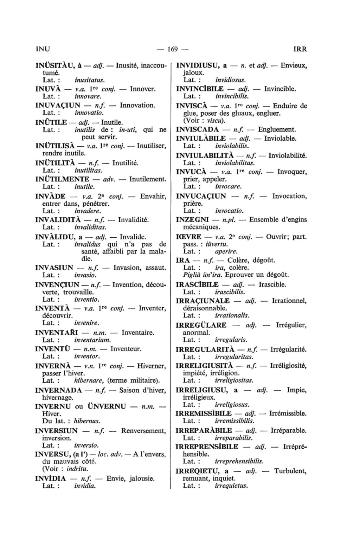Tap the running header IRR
tap(300, 49)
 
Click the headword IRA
tap(182, 261)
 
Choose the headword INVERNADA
tap(59, 390)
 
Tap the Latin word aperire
tap(226, 251)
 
